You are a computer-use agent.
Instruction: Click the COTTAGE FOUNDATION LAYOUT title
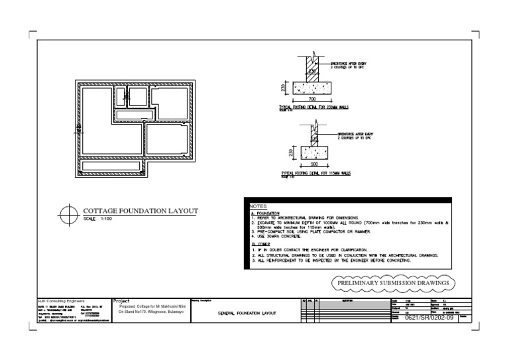[x=140, y=211]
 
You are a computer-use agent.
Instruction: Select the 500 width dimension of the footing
[x=314, y=162]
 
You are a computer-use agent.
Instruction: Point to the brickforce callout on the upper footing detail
[x=351, y=66]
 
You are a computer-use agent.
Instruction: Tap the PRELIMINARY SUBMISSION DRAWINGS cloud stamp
[x=394, y=283]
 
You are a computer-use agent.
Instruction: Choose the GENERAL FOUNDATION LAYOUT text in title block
[x=247, y=313]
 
